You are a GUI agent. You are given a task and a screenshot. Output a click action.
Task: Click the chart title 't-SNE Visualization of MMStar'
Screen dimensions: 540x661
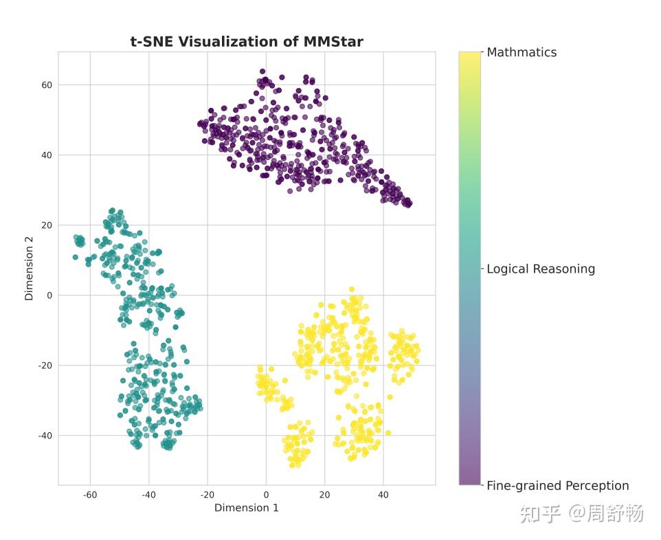(247, 42)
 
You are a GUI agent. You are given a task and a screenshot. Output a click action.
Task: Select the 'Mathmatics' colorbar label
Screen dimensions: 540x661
(522, 52)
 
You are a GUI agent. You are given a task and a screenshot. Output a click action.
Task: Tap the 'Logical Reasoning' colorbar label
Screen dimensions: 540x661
(541, 269)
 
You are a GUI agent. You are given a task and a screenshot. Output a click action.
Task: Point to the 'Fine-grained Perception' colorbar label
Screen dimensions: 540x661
(557, 486)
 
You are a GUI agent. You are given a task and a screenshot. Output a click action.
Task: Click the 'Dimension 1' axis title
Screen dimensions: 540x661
(247, 508)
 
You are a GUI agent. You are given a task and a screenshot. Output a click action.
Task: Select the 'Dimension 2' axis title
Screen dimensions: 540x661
(29, 268)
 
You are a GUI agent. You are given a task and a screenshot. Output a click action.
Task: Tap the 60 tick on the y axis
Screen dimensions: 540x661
(45, 85)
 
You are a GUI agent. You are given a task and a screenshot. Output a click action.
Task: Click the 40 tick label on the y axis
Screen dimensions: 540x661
(45, 155)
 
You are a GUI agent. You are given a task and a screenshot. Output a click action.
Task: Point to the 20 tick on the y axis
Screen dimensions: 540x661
(45, 225)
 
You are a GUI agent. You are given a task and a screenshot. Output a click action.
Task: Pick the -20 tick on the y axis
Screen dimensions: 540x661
(44, 365)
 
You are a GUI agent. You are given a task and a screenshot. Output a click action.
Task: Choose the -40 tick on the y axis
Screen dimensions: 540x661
(44, 436)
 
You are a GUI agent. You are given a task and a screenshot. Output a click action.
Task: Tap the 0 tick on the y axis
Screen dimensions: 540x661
(49, 295)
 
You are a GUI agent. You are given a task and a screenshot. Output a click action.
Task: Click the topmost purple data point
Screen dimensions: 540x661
(262, 71)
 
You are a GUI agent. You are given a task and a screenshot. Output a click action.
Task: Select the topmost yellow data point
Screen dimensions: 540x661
(352, 290)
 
